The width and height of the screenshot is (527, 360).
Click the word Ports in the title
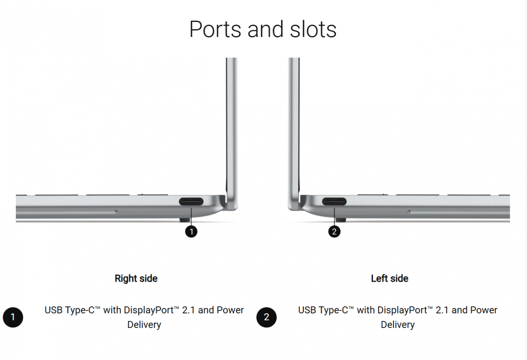click(x=215, y=29)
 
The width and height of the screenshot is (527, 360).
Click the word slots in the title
click(x=313, y=29)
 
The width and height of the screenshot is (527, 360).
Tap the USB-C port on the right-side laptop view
click(x=191, y=202)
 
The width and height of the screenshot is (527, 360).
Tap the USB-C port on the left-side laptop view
click(x=334, y=202)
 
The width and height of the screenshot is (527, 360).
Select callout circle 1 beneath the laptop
click(x=191, y=232)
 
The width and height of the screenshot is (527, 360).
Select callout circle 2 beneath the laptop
click(x=334, y=232)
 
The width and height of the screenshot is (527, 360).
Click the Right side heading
click(x=136, y=279)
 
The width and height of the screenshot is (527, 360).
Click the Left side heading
click(x=390, y=279)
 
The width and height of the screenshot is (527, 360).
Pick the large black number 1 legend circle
click(x=13, y=317)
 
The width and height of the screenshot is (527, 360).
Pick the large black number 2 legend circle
click(x=267, y=317)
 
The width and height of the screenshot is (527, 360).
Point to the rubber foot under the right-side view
click(x=185, y=220)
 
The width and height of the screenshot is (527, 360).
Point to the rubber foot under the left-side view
click(x=341, y=220)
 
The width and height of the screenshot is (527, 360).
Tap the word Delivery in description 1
click(x=144, y=325)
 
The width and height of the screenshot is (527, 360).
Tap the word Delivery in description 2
click(x=398, y=325)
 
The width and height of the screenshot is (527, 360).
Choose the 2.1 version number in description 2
click(x=442, y=310)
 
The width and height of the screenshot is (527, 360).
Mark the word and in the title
click(x=265, y=29)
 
